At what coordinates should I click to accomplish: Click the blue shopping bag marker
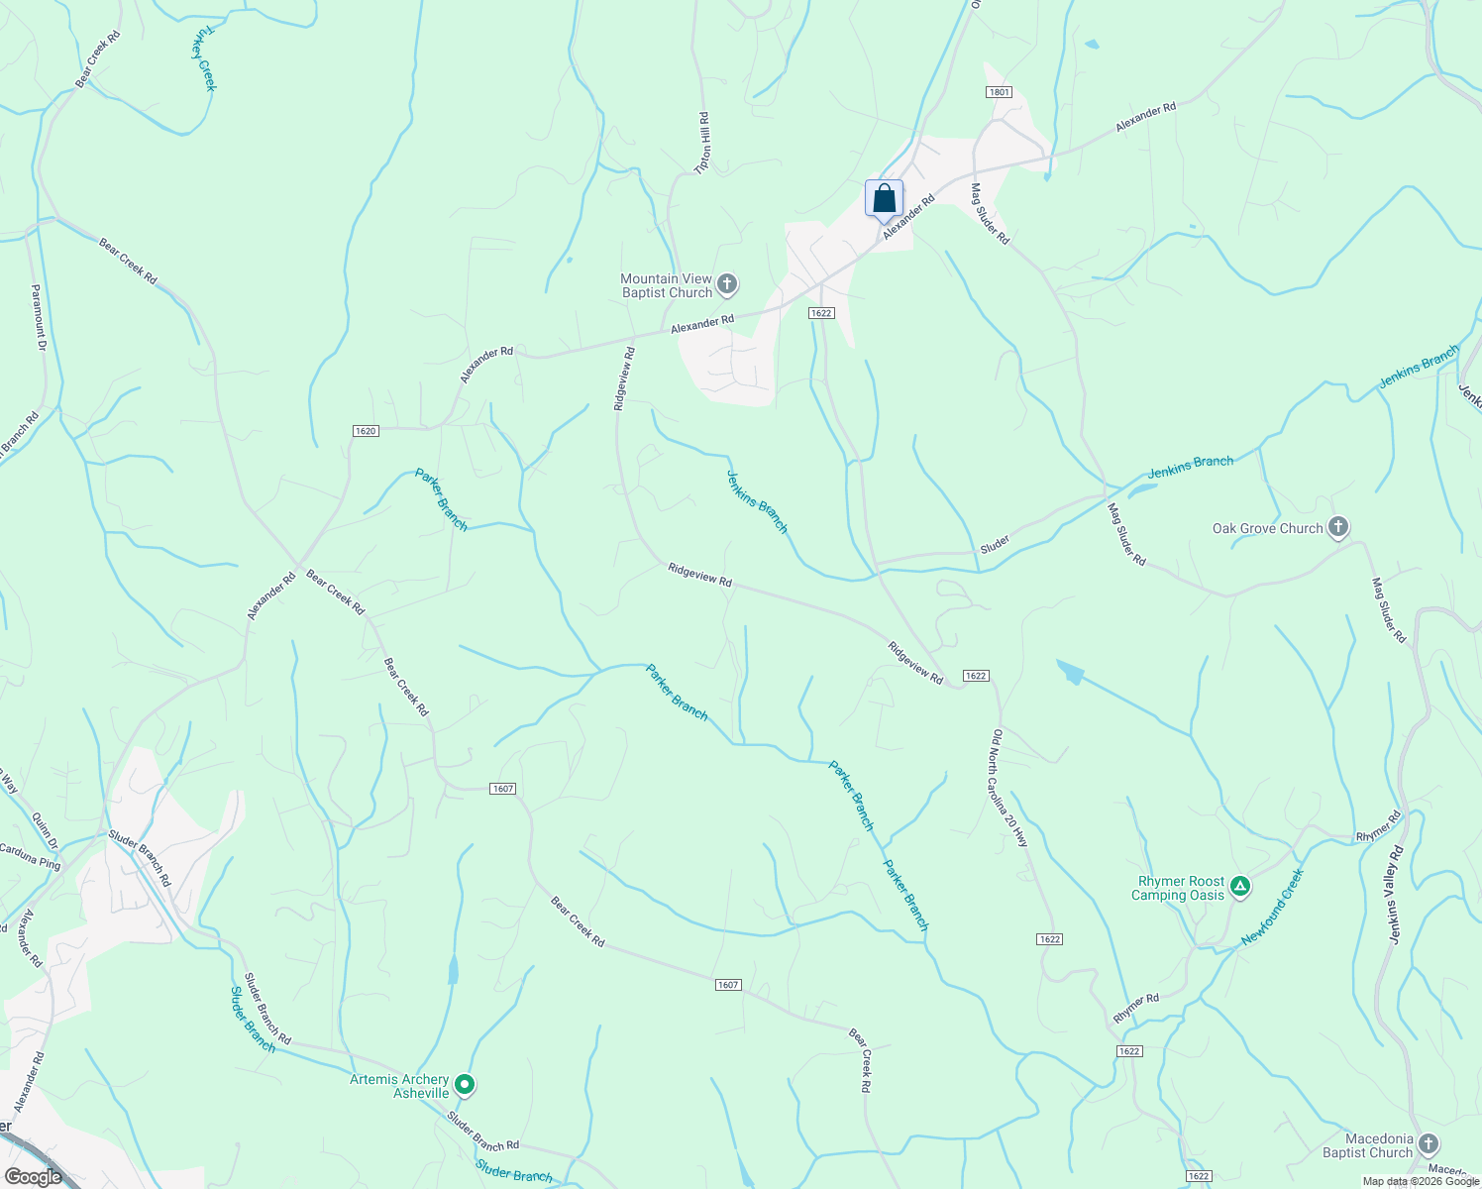pyautogui.click(x=884, y=198)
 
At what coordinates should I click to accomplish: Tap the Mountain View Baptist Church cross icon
pyautogui.click(x=727, y=285)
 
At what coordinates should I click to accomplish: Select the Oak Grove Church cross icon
pyautogui.click(x=1338, y=527)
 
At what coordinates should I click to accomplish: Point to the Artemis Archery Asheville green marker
pyautogui.click(x=465, y=1085)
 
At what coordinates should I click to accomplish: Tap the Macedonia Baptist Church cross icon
pyautogui.click(x=1428, y=1144)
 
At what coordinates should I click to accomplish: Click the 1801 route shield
pyautogui.click(x=999, y=92)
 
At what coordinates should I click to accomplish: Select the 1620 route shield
pyautogui.click(x=366, y=431)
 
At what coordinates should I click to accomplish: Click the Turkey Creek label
pyautogui.click(x=204, y=59)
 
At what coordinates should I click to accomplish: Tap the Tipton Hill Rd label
pyautogui.click(x=703, y=144)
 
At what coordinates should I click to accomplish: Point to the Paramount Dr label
pyautogui.click(x=39, y=317)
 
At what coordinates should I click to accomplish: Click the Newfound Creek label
pyautogui.click(x=1273, y=907)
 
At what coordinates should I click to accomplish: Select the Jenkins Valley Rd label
pyautogui.click(x=1396, y=894)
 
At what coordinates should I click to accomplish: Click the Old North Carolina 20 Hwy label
pyautogui.click(x=1010, y=788)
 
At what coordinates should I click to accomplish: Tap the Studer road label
pyautogui.click(x=995, y=544)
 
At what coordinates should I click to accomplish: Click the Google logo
pyautogui.click(x=33, y=1177)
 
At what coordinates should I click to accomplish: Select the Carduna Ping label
pyautogui.click(x=30, y=857)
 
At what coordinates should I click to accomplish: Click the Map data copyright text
pyautogui.click(x=1421, y=1181)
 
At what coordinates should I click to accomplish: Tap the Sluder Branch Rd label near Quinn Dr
pyautogui.click(x=140, y=858)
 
